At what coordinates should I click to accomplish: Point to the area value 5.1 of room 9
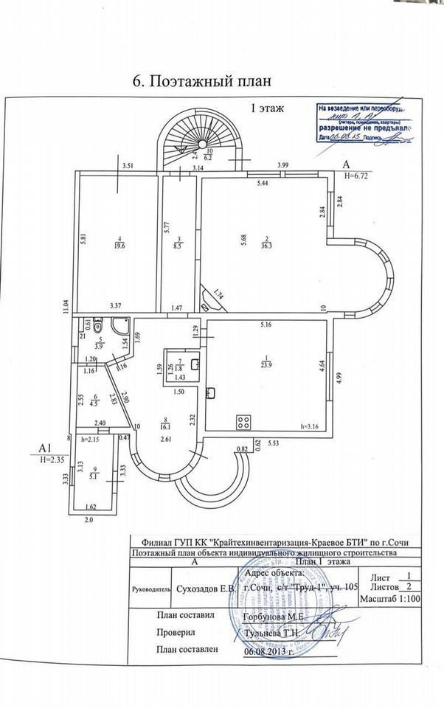pyautogui.click(x=91, y=476)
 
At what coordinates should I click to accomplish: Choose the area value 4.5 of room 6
pyautogui.click(x=94, y=403)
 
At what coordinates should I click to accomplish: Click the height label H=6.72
pyautogui.click(x=358, y=176)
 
